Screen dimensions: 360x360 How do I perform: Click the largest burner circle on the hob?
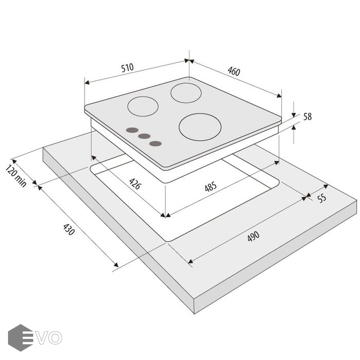tap(200, 127)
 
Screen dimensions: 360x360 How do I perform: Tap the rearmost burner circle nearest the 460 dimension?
tap(186, 93)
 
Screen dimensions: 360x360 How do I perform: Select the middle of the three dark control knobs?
tap(144, 136)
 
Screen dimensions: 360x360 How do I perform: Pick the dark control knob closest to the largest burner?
tap(156, 144)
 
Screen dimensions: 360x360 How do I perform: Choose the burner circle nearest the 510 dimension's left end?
tap(143, 106)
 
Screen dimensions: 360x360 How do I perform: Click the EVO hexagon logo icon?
tap(20, 338)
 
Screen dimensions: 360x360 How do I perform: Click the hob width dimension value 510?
tap(127, 68)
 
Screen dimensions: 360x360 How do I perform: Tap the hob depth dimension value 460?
tap(234, 71)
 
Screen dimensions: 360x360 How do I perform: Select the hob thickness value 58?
tap(308, 117)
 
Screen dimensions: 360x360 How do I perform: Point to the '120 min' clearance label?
tap(16, 176)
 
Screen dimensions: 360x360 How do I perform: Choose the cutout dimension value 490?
tap(254, 236)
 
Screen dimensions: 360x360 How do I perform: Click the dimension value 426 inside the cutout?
tap(135, 184)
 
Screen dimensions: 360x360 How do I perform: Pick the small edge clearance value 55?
tap(322, 198)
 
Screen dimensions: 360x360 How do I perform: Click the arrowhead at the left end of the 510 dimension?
tap(86, 82)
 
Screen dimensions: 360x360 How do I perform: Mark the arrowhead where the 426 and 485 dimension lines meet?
tap(165, 215)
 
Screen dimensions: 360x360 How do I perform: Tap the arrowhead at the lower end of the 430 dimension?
tap(116, 265)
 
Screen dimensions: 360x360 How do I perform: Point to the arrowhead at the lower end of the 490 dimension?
tap(190, 261)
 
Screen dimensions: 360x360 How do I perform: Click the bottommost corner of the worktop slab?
tap(194, 314)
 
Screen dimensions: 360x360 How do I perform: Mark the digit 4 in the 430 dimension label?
tap(65, 227)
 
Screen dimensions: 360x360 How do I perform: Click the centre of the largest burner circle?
tap(200, 127)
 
